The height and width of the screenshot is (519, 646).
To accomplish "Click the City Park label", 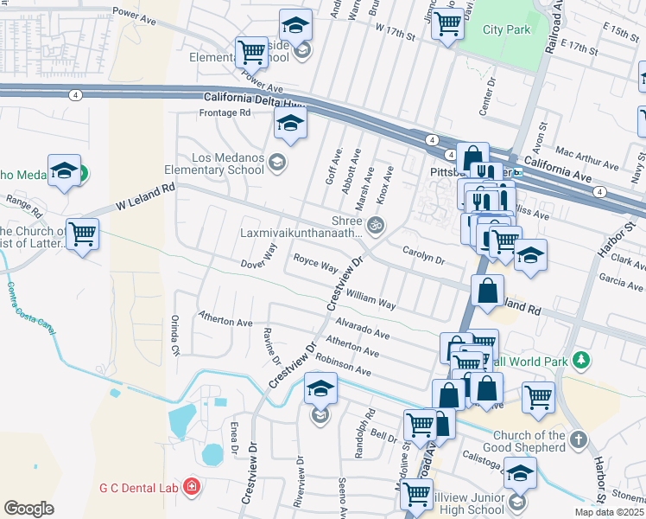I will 506,29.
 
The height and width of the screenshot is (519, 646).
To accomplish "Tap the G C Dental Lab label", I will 138,488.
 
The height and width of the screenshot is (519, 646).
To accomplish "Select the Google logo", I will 28,508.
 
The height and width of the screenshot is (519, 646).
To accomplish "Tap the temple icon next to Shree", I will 375,227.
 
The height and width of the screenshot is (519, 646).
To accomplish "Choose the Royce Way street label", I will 315,263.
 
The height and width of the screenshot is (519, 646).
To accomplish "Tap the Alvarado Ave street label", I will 358,332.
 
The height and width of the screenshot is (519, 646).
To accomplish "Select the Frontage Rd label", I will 225,112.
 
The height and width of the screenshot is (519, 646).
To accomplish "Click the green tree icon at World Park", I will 582,359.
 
